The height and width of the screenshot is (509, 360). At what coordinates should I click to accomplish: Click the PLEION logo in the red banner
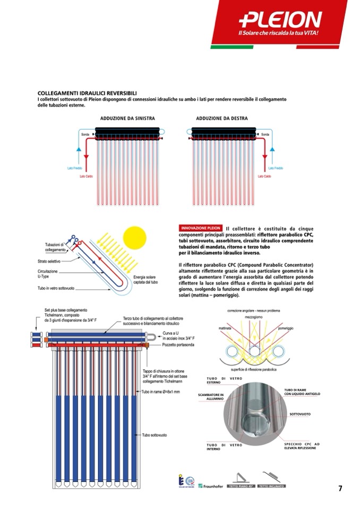point(280,20)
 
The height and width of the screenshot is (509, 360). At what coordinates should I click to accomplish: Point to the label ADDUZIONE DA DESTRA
point(222,118)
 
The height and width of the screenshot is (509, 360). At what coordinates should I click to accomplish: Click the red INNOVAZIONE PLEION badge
point(201,228)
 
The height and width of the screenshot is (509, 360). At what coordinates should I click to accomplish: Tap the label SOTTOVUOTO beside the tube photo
point(300,413)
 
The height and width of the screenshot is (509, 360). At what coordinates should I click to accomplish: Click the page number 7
point(340,489)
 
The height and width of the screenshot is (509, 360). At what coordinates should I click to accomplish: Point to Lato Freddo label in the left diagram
point(74,168)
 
